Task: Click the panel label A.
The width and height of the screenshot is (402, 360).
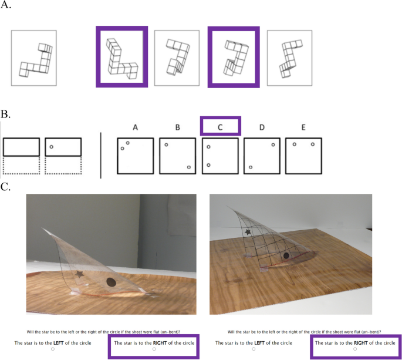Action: click(6, 5)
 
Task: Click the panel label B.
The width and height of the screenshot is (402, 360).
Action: click(5, 114)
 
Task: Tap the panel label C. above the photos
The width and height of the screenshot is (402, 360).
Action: click(5, 187)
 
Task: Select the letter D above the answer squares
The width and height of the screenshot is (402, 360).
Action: click(262, 127)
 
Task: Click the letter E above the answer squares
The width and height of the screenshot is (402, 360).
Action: click(303, 127)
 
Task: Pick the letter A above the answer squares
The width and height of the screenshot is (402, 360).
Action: click(136, 127)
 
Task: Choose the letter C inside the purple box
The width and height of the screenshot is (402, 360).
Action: click(220, 127)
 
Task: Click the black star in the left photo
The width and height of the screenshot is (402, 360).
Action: click(80, 274)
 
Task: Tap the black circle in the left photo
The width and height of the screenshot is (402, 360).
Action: click(111, 282)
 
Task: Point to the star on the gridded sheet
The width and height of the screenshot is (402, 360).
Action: click(248, 232)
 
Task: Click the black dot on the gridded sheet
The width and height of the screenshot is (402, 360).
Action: click(286, 255)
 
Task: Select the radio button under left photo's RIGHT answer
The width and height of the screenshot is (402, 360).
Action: click(154, 349)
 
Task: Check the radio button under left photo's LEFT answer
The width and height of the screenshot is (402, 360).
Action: click(53, 349)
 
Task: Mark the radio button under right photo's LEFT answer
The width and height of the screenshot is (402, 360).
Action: click(254, 349)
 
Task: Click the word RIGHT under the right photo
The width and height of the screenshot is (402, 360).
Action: click(361, 343)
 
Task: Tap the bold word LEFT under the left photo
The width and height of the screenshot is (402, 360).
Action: click(59, 343)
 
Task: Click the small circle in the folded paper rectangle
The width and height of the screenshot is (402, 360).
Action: click(51, 147)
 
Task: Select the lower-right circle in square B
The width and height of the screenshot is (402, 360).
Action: click(189, 167)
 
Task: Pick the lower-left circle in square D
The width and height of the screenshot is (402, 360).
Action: click(251, 167)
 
